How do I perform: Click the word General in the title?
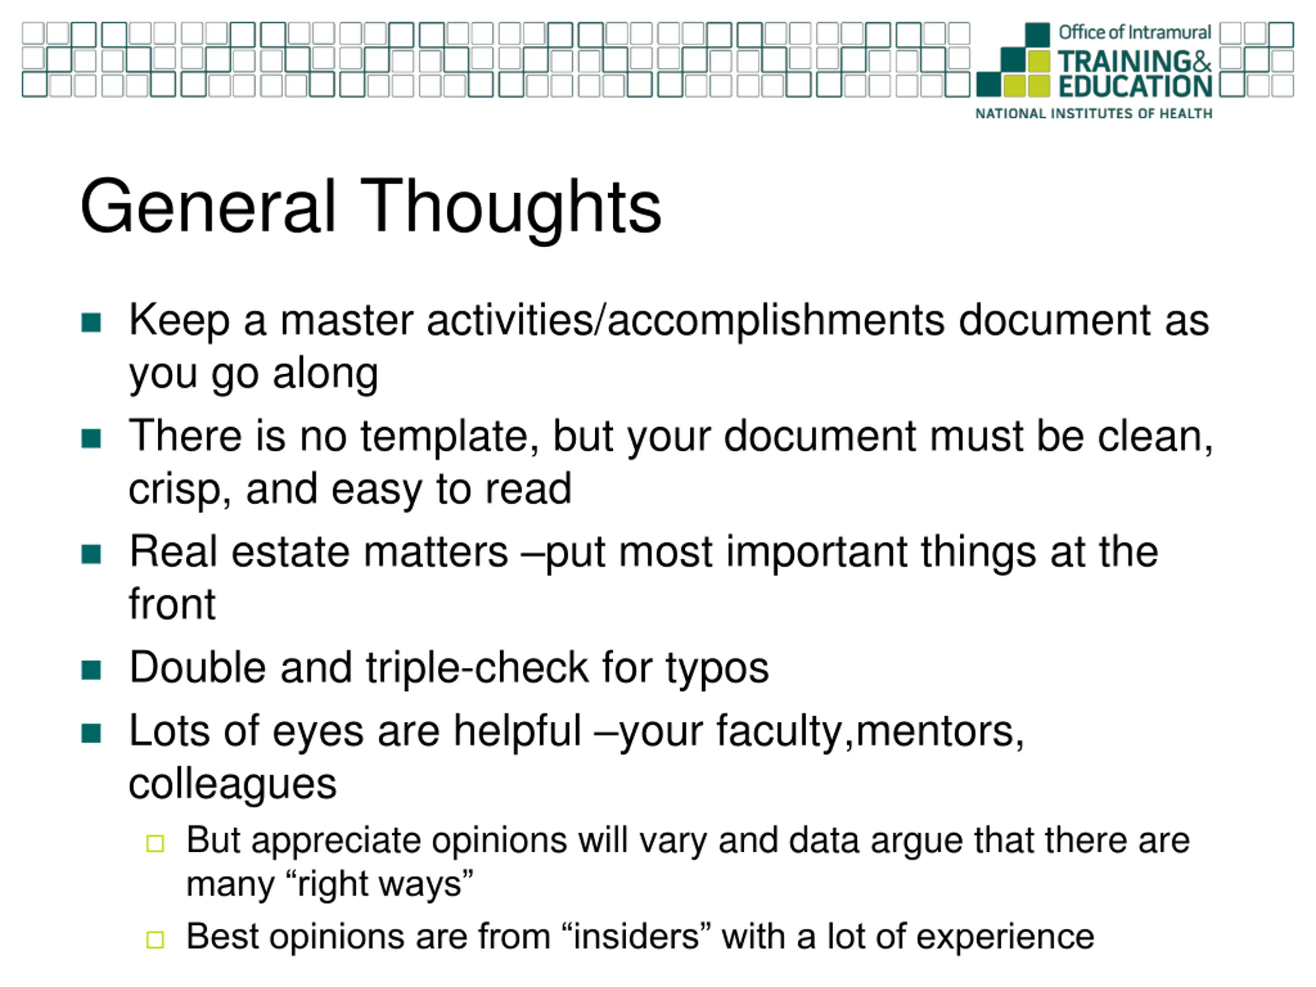pos(209,206)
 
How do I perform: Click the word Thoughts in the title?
pos(511,208)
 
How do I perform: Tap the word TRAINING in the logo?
pos(1124,62)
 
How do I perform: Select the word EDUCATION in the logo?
pos(1135,86)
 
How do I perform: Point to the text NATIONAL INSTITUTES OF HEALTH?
pos(1093,114)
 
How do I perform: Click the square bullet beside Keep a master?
pos(91,322)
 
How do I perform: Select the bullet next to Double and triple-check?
pos(91,670)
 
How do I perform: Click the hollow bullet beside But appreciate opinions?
pos(155,844)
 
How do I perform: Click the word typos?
pos(717,670)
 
